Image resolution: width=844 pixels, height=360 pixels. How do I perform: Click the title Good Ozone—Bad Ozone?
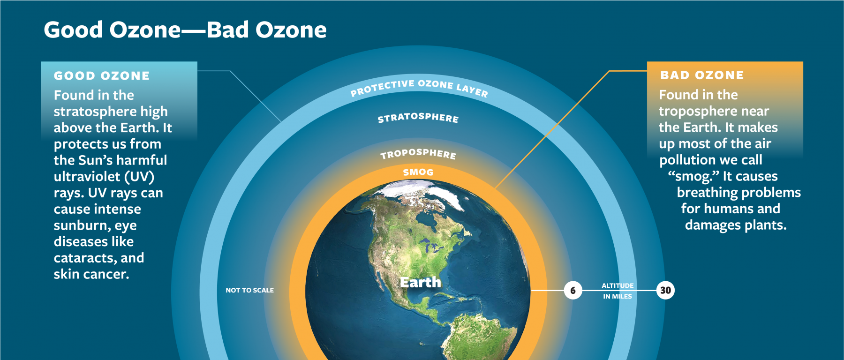[185, 30]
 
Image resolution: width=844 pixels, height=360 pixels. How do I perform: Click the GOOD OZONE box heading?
[102, 76]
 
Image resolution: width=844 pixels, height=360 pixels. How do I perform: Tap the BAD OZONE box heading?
[702, 75]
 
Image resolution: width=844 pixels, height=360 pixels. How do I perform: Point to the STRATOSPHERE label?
[418, 118]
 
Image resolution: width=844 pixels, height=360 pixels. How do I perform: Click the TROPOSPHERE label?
[418, 154]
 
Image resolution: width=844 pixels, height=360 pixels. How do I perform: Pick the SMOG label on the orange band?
[418, 172]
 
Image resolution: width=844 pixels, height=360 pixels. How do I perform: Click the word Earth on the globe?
[421, 282]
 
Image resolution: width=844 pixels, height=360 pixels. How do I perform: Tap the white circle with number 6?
[573, 291]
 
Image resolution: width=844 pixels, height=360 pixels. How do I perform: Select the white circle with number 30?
[665, 291]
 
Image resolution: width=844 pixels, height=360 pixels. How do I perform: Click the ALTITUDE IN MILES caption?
[618, 291]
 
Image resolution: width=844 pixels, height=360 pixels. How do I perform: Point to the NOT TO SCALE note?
[250, 291]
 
